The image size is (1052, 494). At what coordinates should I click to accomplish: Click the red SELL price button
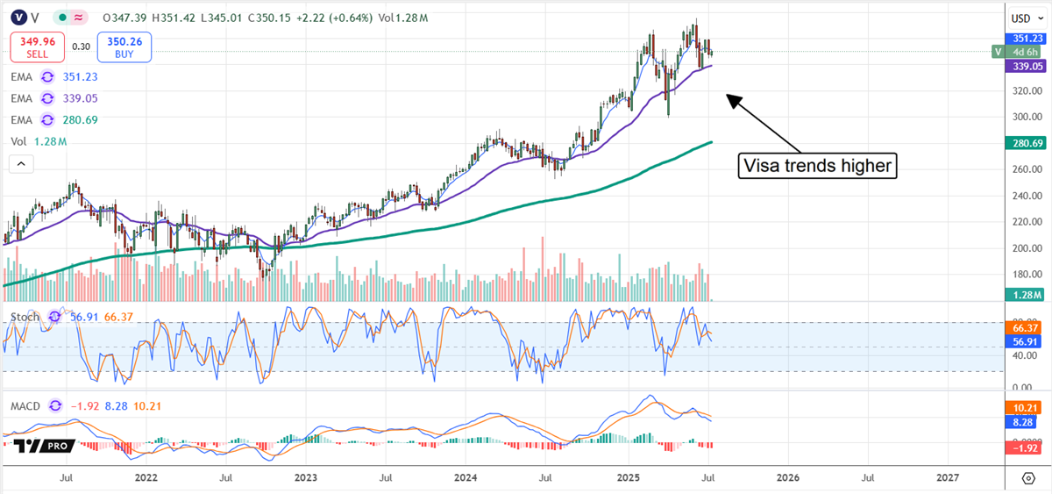[x=36, y=47]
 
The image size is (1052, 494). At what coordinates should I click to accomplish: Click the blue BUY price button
[x=125, y=47]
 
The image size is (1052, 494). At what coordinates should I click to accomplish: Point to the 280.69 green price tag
[x=1023, y=143]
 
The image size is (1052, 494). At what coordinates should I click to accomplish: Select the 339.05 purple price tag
[x=1023, y=65]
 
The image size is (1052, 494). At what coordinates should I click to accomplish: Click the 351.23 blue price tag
[x=1023, y=38]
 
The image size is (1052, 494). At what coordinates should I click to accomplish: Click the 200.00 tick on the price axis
[x=1023, y=248]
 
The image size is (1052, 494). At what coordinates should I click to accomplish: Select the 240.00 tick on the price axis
[x=1023, y=196]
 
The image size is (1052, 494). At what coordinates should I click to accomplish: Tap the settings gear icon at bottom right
[x=1028, y=478]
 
